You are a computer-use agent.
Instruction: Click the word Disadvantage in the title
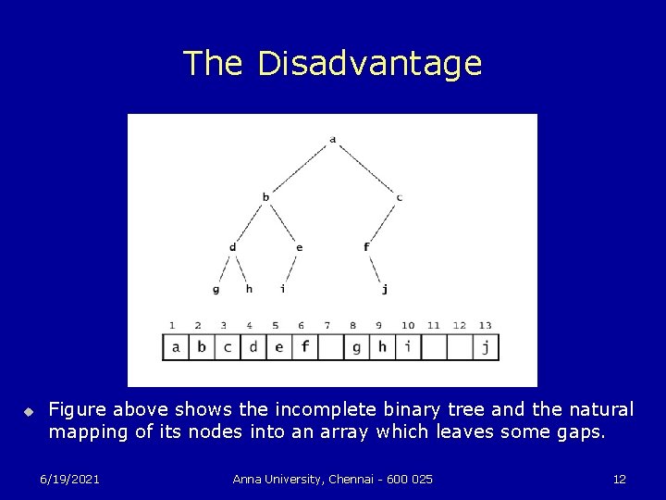point(370,63)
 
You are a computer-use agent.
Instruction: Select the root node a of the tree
point(332,140)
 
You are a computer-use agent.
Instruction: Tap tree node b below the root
point(266,196)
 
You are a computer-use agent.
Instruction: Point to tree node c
point(399,196)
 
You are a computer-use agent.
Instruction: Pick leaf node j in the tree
point(385,289)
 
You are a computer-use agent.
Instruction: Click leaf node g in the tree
point(216,289)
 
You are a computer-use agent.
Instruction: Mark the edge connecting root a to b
point(298,169)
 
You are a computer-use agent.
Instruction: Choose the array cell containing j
point(487,347)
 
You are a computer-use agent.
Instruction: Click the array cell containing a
point(176,347)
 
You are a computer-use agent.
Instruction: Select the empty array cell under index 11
point(435,347)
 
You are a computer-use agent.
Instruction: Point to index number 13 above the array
point(485,326)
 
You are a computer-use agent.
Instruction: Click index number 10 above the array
point(408,326)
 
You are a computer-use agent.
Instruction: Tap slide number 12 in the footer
point(620,478)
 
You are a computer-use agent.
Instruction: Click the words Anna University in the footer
point(273,478)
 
